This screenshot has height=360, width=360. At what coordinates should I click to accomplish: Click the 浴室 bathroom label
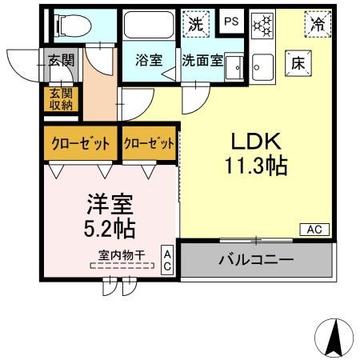pyautogui.click(x=147, y=59)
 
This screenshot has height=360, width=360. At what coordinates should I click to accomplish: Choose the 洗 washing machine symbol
pyautogui.click(x=195, y=24)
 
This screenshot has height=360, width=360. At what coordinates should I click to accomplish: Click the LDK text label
pyautogui.click(x=256, y=142)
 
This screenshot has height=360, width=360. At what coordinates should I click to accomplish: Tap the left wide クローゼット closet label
pyautogui.click(x=81, y=144)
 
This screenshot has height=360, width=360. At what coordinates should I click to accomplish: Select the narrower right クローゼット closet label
pyautogui.click(x=150, y=144)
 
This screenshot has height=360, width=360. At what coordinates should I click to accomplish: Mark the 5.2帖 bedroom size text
pyautogui.click(x=109, y=228)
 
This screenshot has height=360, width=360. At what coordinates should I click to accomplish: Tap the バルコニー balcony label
pyautogui.click(x=256, y=259)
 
